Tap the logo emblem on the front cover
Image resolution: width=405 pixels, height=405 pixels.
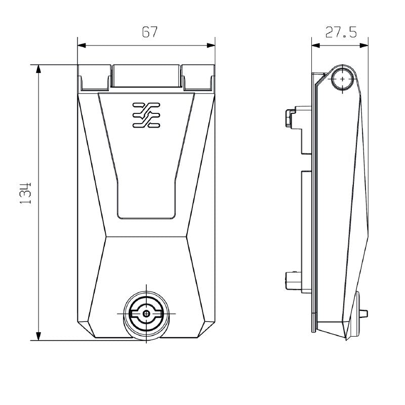(146, 114)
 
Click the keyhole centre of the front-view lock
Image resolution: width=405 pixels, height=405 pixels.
(146, 314)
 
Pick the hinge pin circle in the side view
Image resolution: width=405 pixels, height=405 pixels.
(343, 79)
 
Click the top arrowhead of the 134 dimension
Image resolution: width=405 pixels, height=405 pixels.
(38, 69)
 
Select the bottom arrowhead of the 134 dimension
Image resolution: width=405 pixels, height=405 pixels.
(38, 336)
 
